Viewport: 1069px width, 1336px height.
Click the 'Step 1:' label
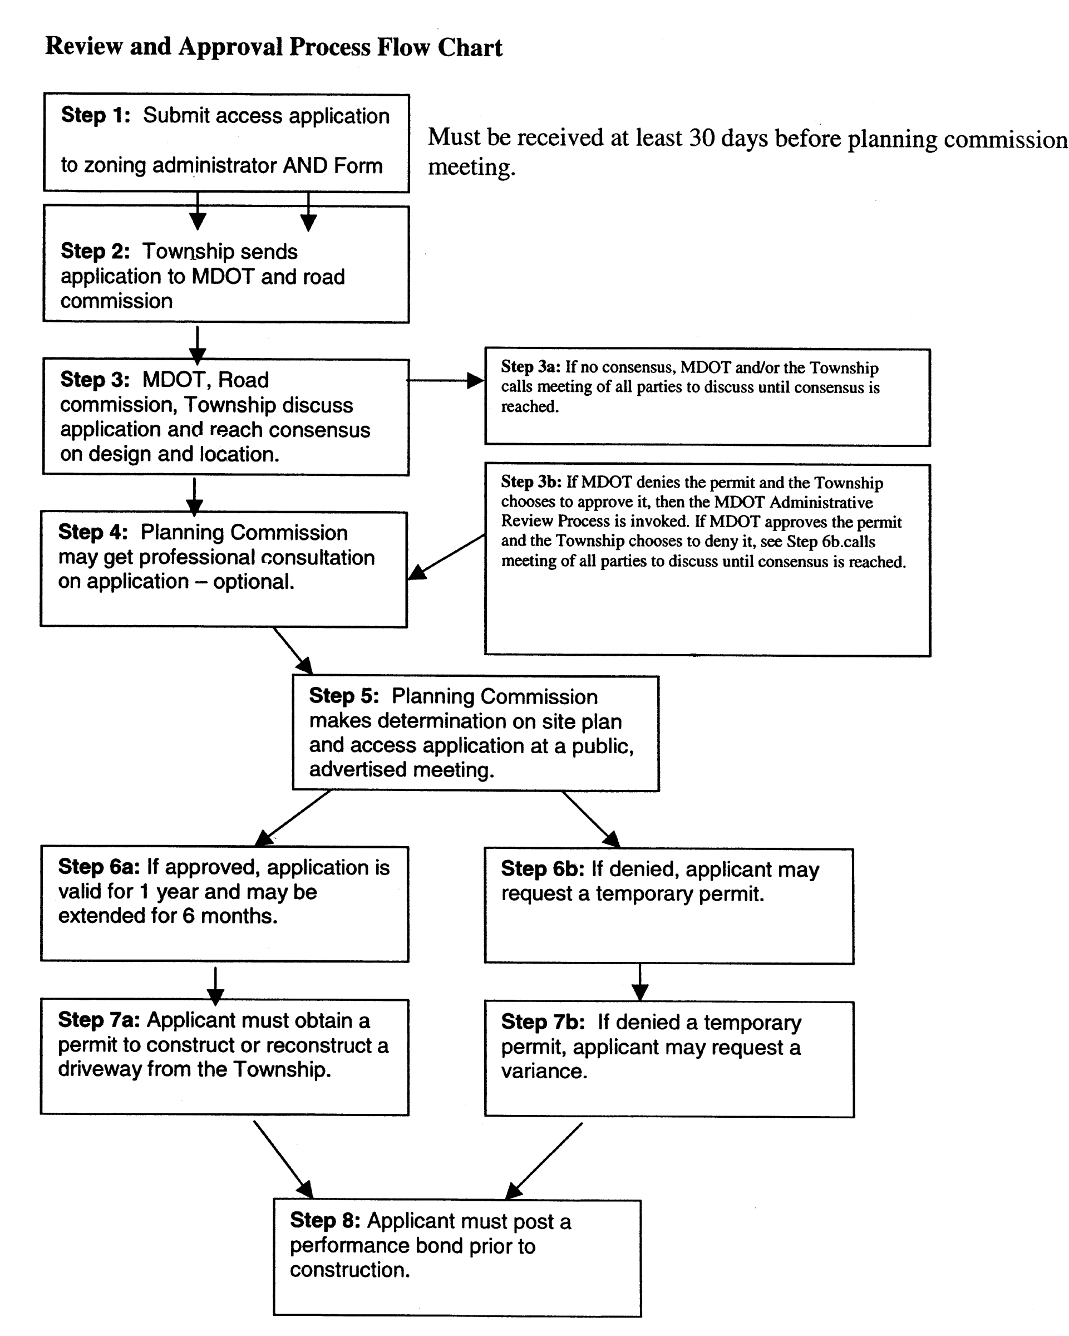tap(95, 115)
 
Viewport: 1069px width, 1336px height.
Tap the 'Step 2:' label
tap(95, 251)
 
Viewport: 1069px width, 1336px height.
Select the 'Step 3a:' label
tap(530, 367)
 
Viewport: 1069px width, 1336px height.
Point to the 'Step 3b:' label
tap(531, 482)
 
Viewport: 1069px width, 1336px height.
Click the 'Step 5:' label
tap(344, 696)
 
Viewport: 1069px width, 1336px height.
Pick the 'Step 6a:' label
tap(99, 867)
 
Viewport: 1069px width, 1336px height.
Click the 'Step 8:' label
tap(325, 1220)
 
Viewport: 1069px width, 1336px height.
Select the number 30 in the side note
tap(702, 137)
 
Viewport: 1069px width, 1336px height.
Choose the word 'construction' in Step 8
tap(349, 1270)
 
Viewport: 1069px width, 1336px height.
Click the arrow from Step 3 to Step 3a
tap(445, 380)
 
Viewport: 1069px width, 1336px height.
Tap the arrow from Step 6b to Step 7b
tap(640, 982)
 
